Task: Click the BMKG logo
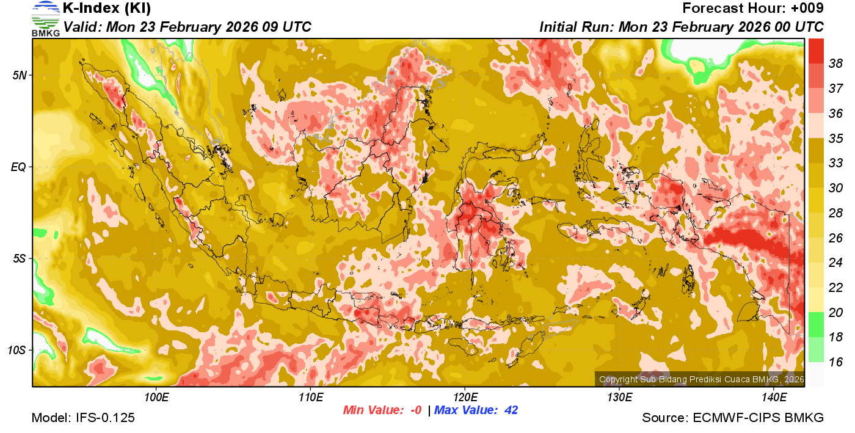tap(45, 18)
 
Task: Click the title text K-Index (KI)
tap(107, 9)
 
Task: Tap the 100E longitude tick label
tap(156, 398)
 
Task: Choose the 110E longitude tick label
tap(310, 398)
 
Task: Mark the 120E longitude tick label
tap(465, 398)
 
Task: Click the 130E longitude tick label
tap(619, 398)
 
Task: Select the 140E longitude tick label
tap(774, 398)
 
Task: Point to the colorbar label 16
tap(835, 362)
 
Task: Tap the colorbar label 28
tap(835, 213)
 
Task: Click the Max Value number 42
tap(511, 410)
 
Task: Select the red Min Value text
tap(382, 410)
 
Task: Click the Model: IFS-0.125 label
tap(83, 418)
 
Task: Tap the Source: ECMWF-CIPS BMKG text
tap(733, 418)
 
